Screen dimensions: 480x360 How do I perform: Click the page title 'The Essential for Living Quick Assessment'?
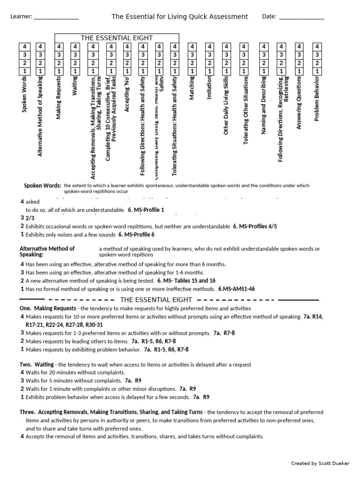[180, 16]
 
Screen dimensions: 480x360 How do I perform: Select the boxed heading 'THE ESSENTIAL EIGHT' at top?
[117, 38]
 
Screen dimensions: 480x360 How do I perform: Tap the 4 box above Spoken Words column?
[24, 46]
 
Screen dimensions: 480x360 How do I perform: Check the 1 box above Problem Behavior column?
[317, 71]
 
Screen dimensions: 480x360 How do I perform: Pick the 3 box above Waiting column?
[75, 55]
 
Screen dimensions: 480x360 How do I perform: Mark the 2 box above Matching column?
[192, 63]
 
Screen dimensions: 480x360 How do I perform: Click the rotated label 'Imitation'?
[209, 88]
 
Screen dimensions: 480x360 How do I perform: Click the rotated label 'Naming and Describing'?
[263, 105]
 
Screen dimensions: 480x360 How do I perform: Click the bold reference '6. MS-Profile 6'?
[136, 234]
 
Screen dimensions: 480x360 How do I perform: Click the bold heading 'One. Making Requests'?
[48, 308]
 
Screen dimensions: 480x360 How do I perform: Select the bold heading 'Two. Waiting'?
[37, 364]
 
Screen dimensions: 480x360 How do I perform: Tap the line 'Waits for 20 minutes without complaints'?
[74, 372]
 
